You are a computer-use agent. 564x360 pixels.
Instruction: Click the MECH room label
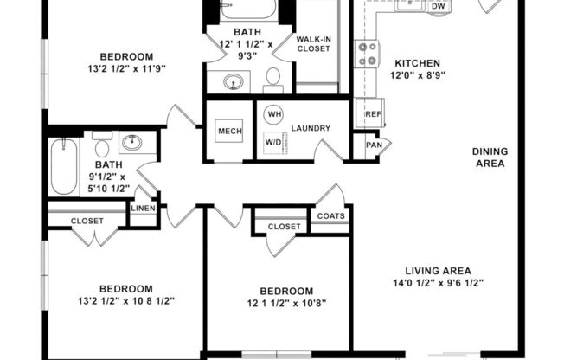click(x=229, y=131)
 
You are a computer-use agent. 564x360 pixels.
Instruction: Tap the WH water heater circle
click(x=274, y=114)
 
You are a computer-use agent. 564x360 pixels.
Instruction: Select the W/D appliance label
click(x=272, y=141)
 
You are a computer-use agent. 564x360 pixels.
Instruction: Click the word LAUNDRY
click(x=311, y=128)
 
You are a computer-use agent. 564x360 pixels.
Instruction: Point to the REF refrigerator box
click(x=373, y=113)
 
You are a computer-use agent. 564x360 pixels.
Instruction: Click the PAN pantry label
click(x=373, y=145)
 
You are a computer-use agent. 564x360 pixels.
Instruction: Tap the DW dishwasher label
click(x=439, y=7)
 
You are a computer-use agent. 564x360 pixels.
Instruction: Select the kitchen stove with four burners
click(x=369, y=55)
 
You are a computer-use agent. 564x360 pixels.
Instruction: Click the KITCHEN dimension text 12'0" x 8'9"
click(x=418, y=76)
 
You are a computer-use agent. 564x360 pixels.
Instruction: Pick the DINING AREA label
click(x=489, y=157)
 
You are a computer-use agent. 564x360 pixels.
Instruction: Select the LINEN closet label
click(x=143, y=209)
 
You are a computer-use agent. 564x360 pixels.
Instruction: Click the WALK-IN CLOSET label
click(x=314, y=44)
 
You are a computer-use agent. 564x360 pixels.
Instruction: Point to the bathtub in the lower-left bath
click(x=63, y=166)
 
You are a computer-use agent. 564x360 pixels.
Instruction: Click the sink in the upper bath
click(x=234, y=83)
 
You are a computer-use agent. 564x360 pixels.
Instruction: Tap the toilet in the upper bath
click(x=272, y=80)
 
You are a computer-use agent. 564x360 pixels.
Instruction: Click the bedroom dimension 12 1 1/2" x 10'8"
click(x=286, y=303)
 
